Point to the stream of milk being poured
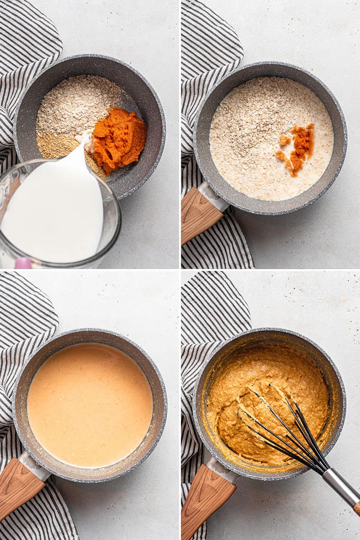(81, 156)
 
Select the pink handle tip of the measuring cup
(22, 263)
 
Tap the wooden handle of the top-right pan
(199, 216)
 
